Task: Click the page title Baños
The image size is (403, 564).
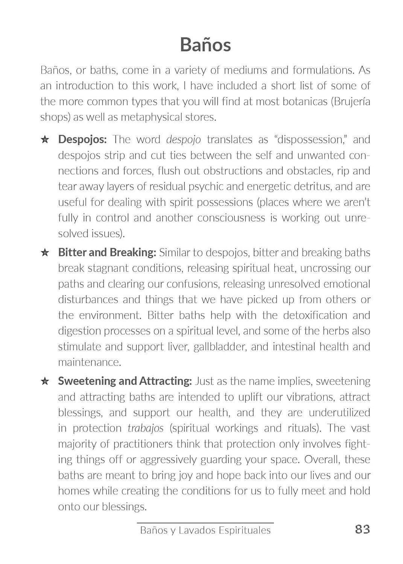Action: tap(205, 45)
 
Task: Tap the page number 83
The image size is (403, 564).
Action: tap(362, 529)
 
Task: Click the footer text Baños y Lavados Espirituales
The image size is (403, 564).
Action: tap(205, 530)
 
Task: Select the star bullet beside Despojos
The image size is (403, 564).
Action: tap(45, 140)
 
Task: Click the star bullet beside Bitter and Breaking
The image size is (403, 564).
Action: tap(45, 253)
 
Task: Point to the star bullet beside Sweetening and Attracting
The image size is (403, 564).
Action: tap(45, 381)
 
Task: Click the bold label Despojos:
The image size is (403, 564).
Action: tap(82, 139)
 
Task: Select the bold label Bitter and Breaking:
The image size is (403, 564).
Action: tap(107, 252)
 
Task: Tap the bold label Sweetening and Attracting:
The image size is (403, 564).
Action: tap(125, 381)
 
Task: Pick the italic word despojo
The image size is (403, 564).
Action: tap(183, 140)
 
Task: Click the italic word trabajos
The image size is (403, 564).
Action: tap(146, 428)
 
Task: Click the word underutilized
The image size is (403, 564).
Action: tap(339, 412)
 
